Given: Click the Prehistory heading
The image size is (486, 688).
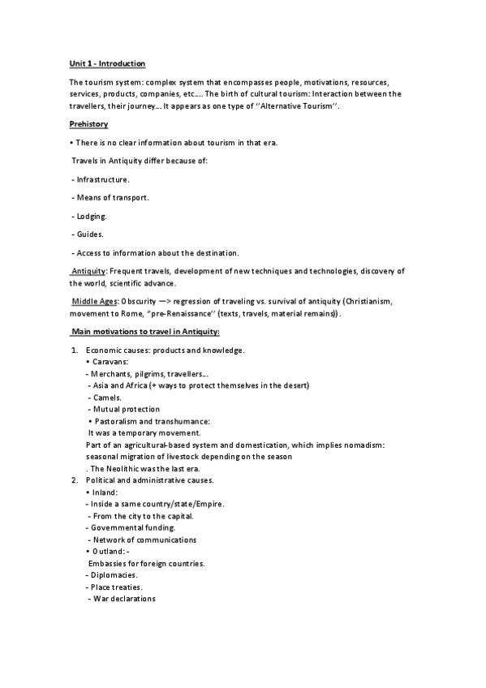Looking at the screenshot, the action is pyautogui.click(x=89, y=124).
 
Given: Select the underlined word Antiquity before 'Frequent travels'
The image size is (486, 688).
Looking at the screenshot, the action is pyautogui.click(x=89, y=270).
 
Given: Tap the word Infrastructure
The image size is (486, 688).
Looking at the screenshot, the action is pyautogui.click(x=103, y=178).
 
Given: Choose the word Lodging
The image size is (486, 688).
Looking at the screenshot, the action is pyautogui.click(x=91, y=216).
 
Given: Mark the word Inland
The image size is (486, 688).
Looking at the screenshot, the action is pyautogui.click(x=105, y=492).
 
